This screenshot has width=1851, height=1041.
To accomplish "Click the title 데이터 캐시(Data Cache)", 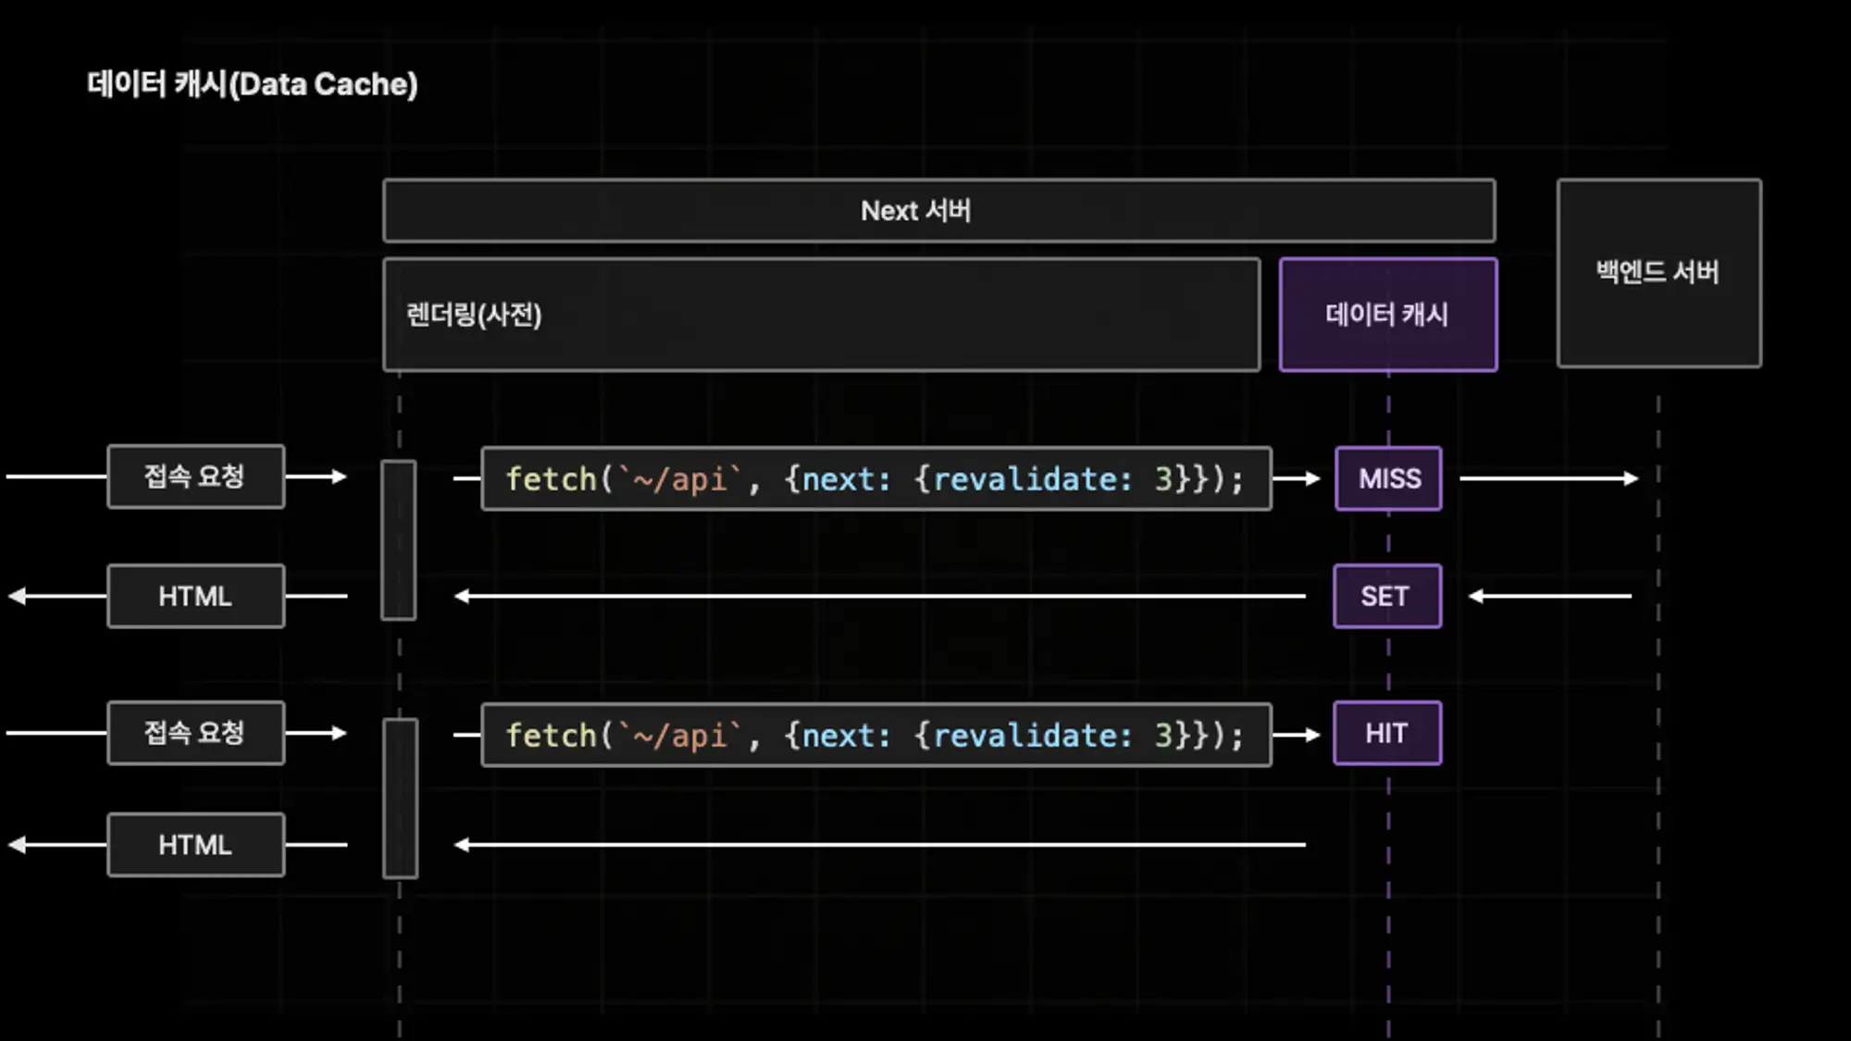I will [252, 84].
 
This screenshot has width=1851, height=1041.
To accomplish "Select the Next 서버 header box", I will [938, 211].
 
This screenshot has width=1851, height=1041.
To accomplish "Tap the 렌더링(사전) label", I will [474, 315].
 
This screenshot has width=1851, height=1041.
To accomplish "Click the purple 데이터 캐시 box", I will [1387, 315].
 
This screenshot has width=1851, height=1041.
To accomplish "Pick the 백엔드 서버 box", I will [1658, 273].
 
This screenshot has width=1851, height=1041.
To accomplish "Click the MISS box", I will [1388, 478].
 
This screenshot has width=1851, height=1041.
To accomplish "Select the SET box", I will [1386, 596].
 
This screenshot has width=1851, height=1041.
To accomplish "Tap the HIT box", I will [1386, 733].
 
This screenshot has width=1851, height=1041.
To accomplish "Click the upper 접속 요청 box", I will [195, 477].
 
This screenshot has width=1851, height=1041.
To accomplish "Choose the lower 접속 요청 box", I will [195, 733].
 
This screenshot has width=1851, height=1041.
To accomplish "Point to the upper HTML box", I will [195, 596].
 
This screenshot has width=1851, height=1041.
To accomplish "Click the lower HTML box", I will [195, 845].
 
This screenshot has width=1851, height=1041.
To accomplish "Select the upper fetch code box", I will [876, 478].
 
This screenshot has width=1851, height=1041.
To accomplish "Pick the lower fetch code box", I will [876, 735].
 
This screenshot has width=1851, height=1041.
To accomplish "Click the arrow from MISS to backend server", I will [1547, 478].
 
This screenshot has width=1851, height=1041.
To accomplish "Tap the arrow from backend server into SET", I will [1550, 596].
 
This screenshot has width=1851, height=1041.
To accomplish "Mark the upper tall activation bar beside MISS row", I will [399, 539].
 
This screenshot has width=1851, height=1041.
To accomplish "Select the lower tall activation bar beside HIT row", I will [400, 798].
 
